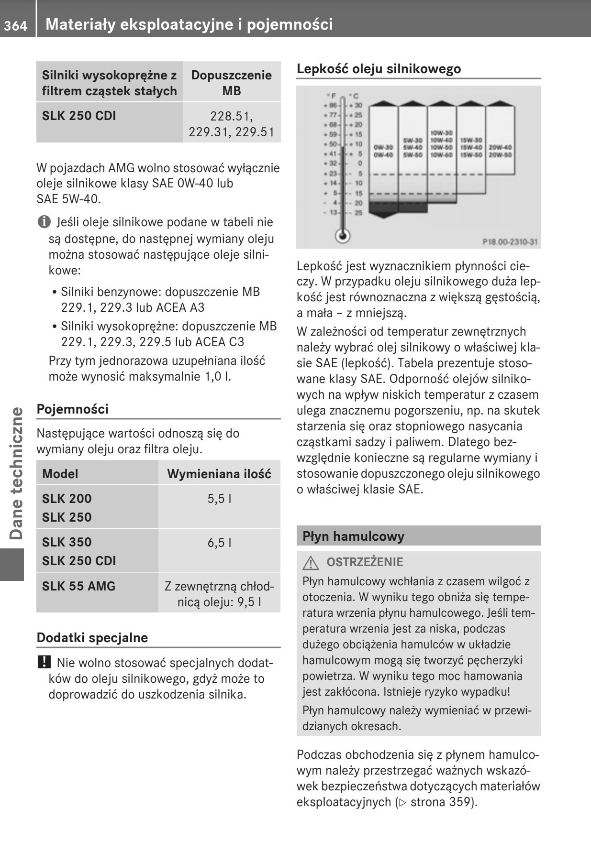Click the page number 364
tap(16, 25)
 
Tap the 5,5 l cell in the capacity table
tap(220, 499)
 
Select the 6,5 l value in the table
tap(220, 542)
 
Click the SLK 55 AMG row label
tap(78, 586)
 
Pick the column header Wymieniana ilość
tap(219, 474)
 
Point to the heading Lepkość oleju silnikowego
tap(379, 69)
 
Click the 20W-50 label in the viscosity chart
tap(500, 155)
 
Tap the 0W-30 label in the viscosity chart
tap(384, 147)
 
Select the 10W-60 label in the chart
tap(442, 155)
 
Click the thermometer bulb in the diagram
tap(342, 235)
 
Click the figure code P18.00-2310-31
tap(510, 242)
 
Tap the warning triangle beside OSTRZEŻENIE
tap(311, 563)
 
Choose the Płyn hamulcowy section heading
tap(353, 536)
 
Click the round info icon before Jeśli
tap(44, 222)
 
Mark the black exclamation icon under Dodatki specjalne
tap(44, 663)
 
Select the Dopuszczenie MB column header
tap(231, 83)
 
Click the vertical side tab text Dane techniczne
tap(16, 473)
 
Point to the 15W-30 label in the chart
tap(471, 140)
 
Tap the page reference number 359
tap(460, 802)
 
